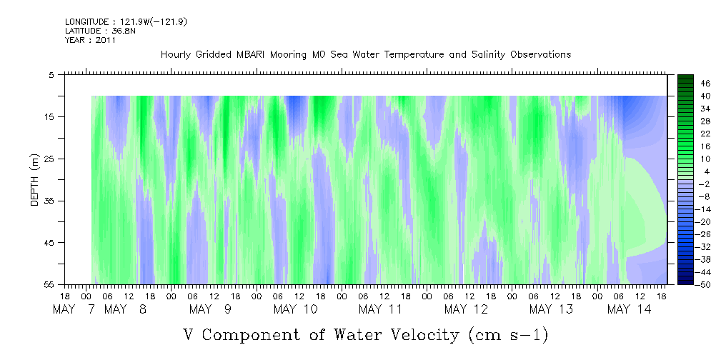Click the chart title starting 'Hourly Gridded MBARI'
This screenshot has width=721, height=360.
365,55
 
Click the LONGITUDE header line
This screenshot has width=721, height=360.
126,22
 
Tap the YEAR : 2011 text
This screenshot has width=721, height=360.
90,40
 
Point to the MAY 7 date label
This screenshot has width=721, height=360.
75,309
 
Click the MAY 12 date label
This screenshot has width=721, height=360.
465,309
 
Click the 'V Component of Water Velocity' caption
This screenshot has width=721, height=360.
365,334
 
